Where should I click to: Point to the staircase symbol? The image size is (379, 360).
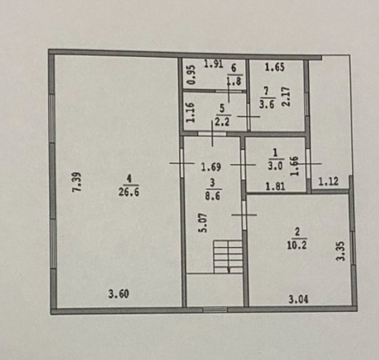pos(228,257)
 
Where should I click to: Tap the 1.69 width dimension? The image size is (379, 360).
pos(210,166)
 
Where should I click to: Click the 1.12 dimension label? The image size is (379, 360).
pos(329,181)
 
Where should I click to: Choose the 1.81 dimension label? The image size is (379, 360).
pos(275,187)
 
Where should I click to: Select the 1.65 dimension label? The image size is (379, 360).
pos(275,67)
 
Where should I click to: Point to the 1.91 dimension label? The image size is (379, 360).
pos(214,64)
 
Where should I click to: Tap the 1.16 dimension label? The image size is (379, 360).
pos(191,113)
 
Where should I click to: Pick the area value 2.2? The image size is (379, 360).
pos(222,122)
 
